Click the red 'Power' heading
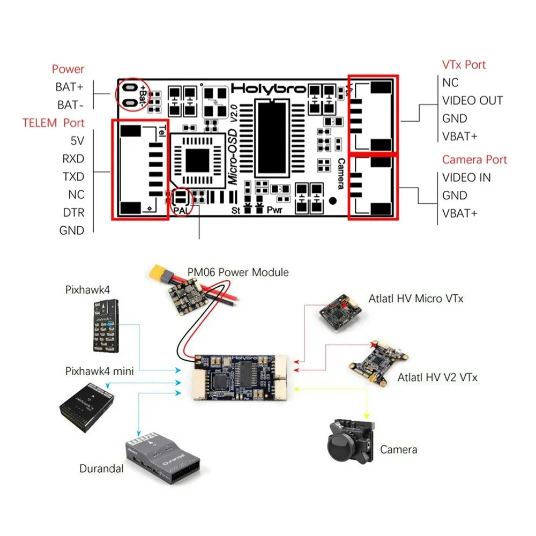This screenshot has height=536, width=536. click(68, 69)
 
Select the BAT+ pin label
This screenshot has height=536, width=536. click(70, 87)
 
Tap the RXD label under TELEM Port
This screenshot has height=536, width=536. click(73, 159)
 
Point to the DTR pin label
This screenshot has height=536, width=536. click(73, 212)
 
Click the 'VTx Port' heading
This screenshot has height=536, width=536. click(464, 65)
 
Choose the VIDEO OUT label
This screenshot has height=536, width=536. click(472, 101)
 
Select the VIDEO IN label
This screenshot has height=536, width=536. click(466, 177)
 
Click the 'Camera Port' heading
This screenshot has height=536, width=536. click(474, 160)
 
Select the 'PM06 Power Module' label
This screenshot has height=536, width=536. click(237, 272)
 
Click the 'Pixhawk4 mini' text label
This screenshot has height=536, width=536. click(100, 370)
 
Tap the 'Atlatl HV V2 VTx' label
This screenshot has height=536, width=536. click(437, 377)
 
